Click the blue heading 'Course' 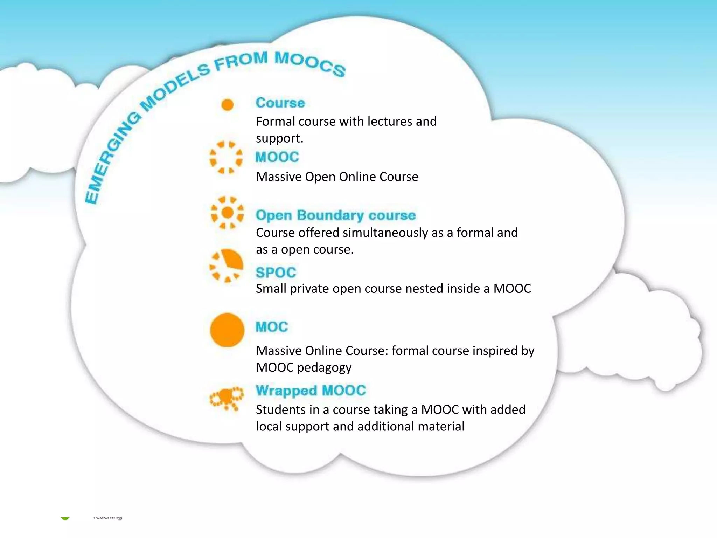280,103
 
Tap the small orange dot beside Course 228,104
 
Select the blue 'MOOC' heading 277,157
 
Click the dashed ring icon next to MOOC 226,157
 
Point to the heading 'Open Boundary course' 335,215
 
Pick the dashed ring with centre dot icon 228,213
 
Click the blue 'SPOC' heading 276,273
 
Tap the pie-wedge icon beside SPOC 227,265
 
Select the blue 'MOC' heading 272,327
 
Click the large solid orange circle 227,330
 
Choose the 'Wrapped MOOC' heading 311,390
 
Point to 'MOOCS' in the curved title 310,63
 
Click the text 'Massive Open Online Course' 337,177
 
